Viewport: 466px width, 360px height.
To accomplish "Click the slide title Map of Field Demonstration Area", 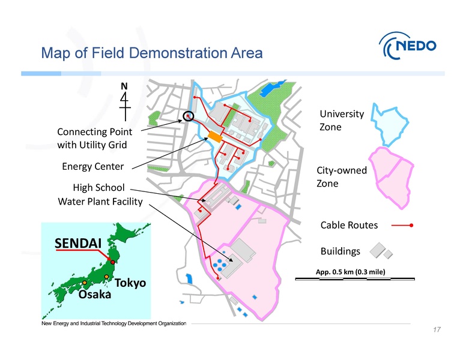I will [151, 53].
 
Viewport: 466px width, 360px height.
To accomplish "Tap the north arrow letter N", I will [124, 86].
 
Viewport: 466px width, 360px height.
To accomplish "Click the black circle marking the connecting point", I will [189, 116].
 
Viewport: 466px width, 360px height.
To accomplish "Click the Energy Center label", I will [93, 166].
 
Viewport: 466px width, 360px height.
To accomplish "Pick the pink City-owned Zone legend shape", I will [393, 177].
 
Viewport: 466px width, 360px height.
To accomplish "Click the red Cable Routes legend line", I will [402, 226].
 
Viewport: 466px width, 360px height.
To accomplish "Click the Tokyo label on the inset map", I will [130, 282].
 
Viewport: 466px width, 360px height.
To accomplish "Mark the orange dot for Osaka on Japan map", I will [85, 282].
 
